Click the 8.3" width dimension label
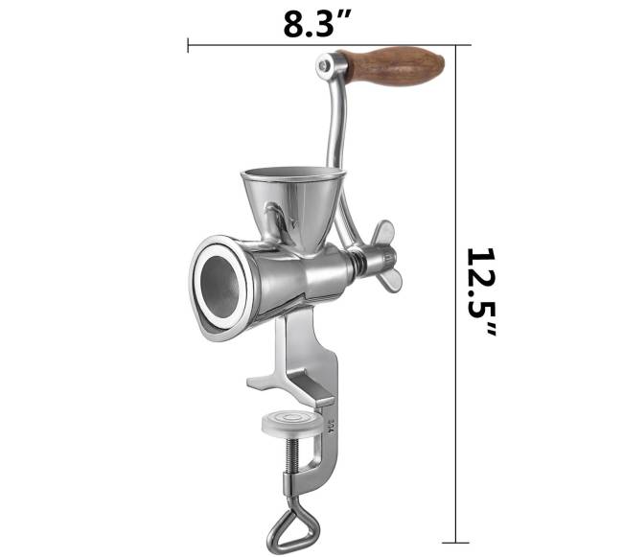pos(317,24)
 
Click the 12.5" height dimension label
pos(481,292)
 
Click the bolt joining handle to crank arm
pos(325,66)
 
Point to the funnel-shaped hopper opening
pos(292,174)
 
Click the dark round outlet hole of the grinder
pos(219,287)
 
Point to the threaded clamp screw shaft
pos(295,455)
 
